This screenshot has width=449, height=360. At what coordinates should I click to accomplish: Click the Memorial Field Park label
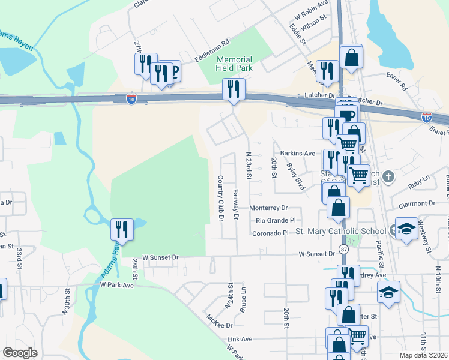tap(234, 64)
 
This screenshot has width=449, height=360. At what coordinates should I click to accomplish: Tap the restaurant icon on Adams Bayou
tap(121, 229)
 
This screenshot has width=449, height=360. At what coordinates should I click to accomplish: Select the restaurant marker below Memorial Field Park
tap(232, 89)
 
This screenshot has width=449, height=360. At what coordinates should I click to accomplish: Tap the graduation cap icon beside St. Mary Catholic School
tap(406, 230)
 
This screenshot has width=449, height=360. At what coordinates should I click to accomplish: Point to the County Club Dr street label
tap(220, 198)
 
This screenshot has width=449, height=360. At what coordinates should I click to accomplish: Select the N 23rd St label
tap(248, 165)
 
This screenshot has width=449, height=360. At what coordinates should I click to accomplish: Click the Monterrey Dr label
tap(268, 208)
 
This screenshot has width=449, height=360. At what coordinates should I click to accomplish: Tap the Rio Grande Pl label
tap(276, 220)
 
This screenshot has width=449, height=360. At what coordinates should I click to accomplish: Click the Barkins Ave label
tap(300, 154)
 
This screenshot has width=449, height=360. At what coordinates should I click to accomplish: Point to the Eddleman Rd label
tap(212, 52)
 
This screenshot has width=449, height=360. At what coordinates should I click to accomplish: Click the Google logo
tap(20, 352)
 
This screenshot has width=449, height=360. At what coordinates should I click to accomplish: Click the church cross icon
tap(389, 176)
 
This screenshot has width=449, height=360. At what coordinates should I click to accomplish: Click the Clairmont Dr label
tap(415, 204)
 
